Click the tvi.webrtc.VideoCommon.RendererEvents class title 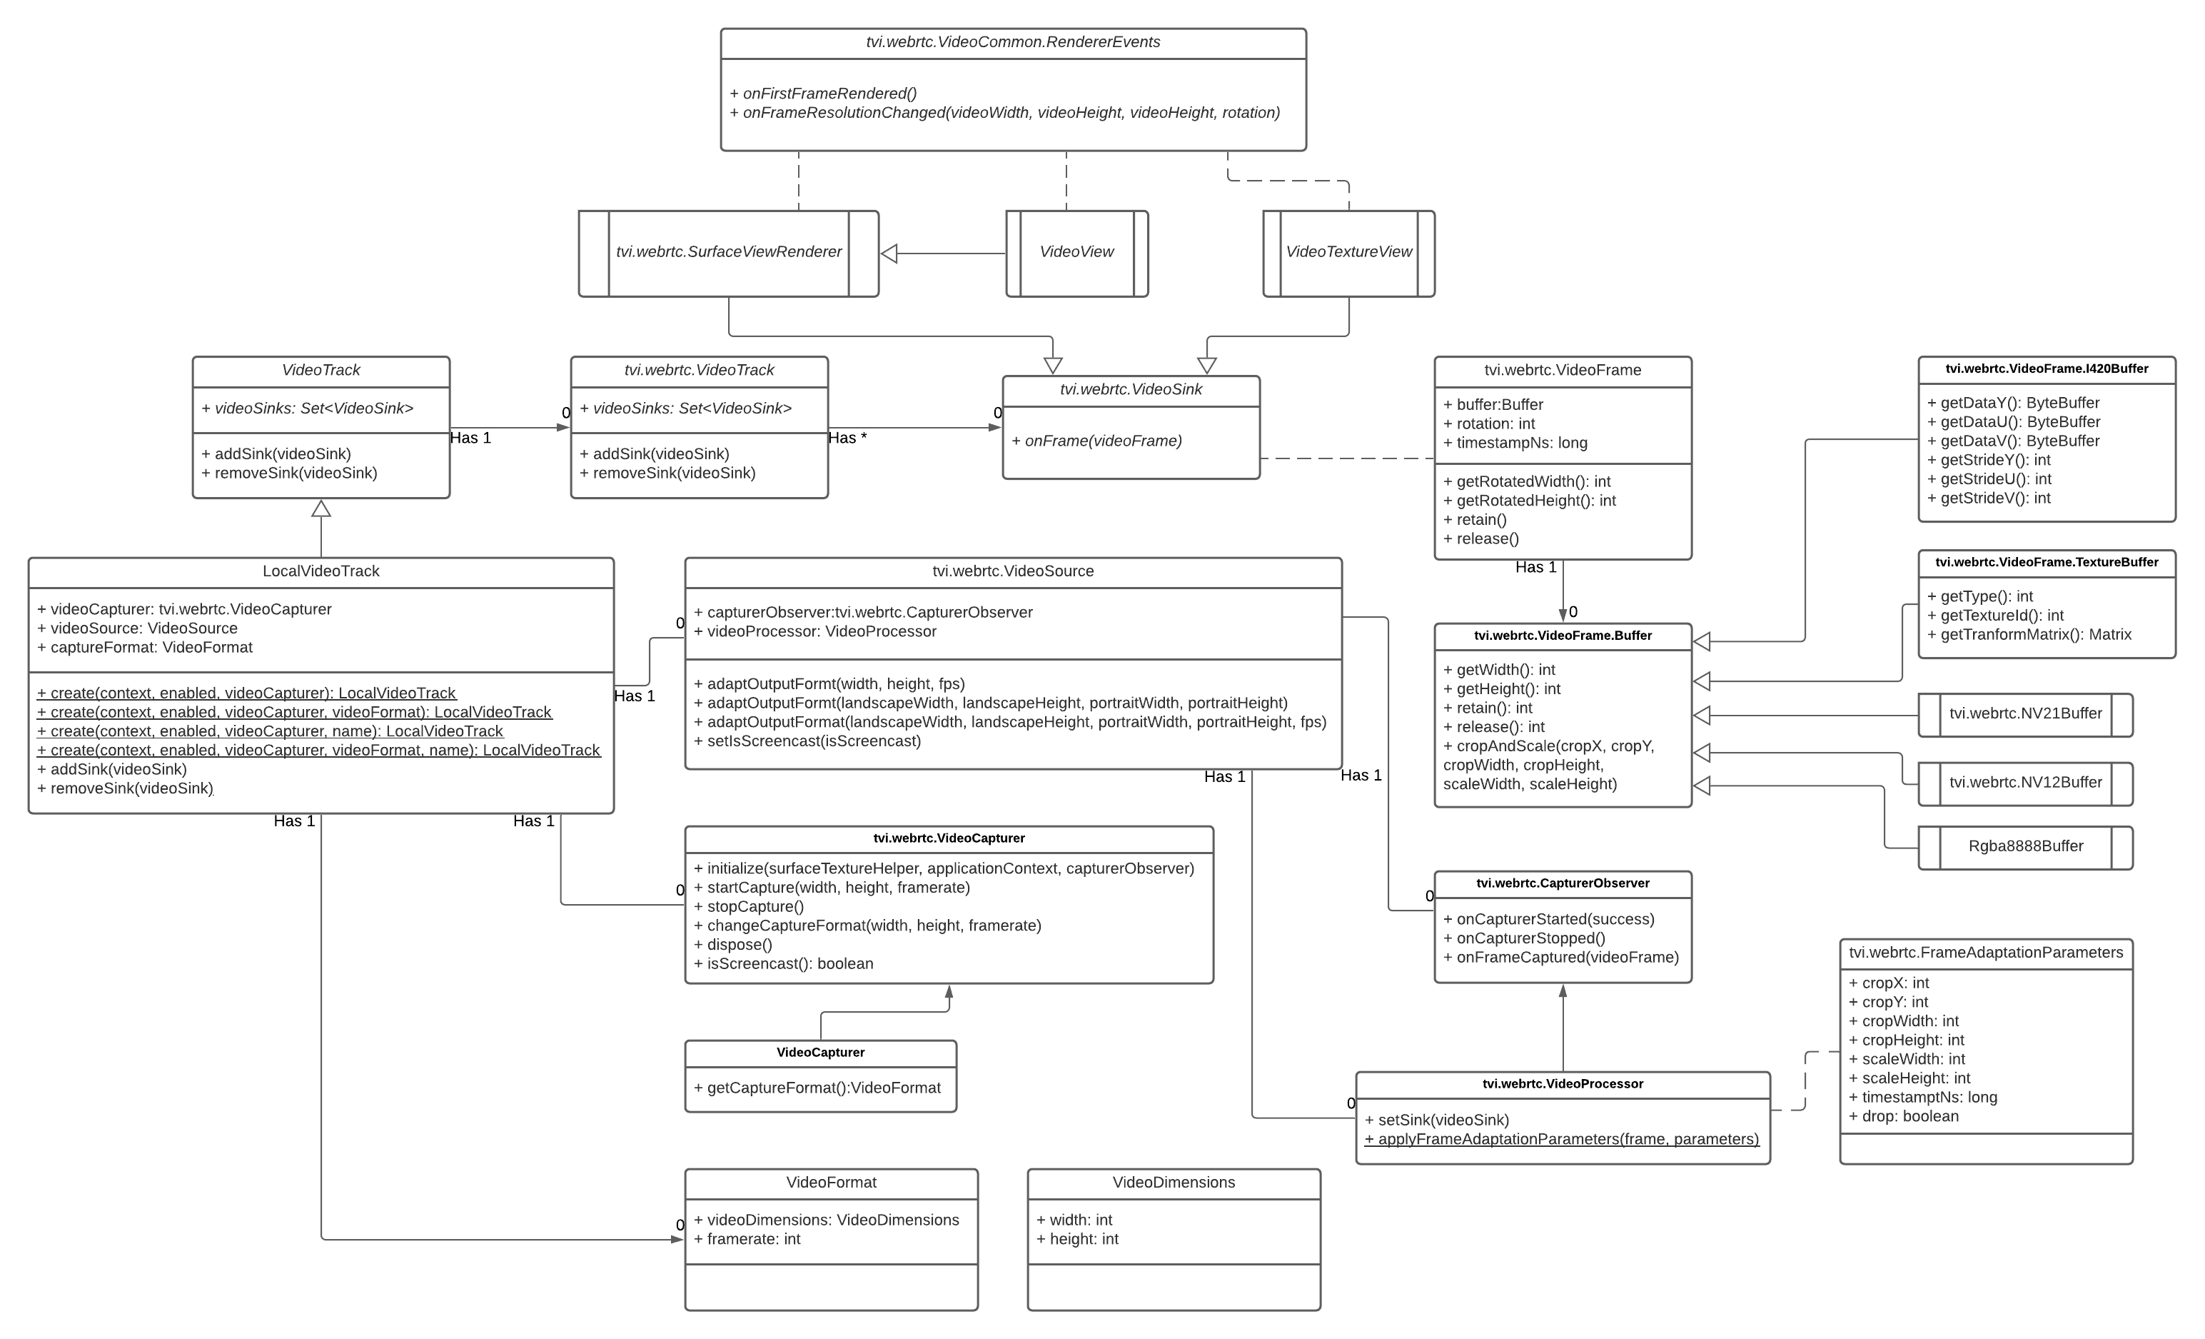point(1012,42)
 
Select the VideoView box point(1076,252)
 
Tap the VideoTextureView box point(1348,252)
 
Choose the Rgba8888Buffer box point(2025,847)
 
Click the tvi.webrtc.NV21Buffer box point(2025,714)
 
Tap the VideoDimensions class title point(1174,1183)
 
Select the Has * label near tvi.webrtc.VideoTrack point(847,438)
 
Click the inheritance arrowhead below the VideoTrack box point(321,508)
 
